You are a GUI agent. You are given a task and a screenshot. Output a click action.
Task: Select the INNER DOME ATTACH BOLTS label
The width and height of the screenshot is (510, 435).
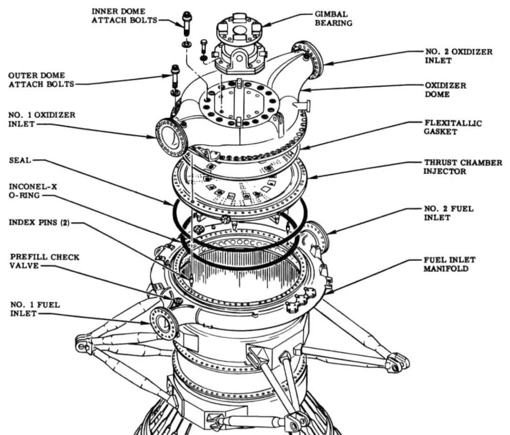(x=124, y=15)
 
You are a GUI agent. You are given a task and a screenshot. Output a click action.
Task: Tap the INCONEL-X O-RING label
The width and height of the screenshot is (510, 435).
(x=33, y=191)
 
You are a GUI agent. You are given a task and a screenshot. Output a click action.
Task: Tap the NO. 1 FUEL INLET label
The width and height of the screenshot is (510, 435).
(x=35, y=309)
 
